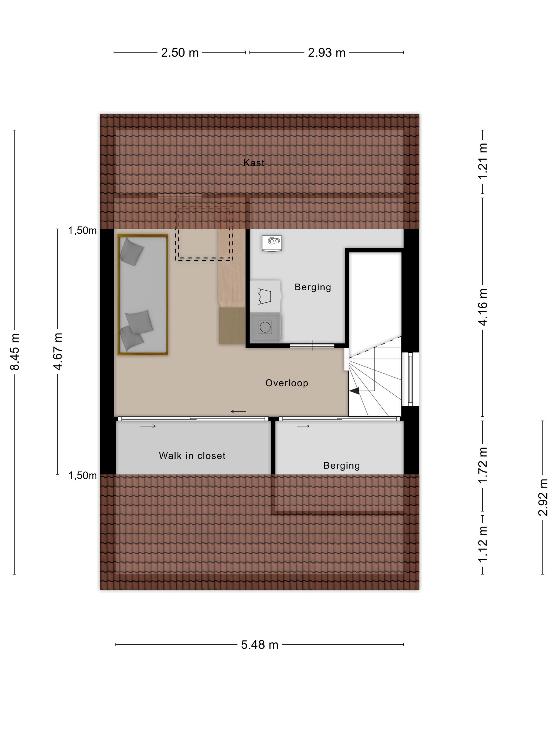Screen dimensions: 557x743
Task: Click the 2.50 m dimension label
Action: [x=180, y=53]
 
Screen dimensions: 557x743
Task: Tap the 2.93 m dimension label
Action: [x=327, y=53]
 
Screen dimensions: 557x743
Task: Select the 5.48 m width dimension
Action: [x=259, y=645]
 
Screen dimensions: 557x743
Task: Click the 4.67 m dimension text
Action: [x=58, y=351]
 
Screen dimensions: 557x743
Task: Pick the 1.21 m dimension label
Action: [x=482, y=161]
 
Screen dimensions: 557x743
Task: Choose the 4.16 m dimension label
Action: [x=482, y=307]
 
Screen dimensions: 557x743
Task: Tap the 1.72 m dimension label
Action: [x=482, y=465]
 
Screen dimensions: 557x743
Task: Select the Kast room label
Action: [x=254, y=163]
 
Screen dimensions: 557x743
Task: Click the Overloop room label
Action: [x=287, y=383]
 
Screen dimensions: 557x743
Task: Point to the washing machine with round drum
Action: [x=265, y=327]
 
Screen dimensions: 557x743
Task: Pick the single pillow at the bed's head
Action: [x=132, y=251]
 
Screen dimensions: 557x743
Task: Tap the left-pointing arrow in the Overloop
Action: [x=238, y=411]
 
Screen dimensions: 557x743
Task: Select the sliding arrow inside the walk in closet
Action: [x=148, y=426]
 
